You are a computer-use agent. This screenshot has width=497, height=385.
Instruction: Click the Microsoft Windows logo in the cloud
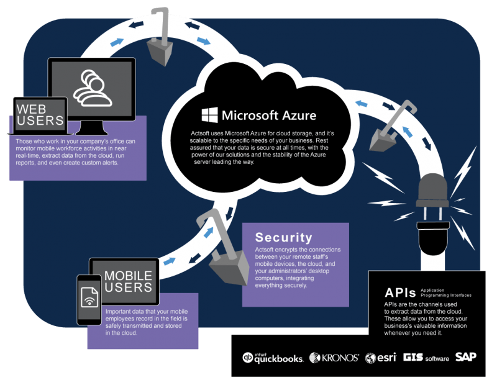click(x=209, y=115)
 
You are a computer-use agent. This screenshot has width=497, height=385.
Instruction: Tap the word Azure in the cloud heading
click(x=299, y=115)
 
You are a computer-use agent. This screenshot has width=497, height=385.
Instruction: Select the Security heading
click(x=284, y=237)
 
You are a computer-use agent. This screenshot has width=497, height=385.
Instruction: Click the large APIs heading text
click(x=400, y=293)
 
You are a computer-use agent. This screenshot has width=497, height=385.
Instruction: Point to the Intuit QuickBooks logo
click(x=273, y=358)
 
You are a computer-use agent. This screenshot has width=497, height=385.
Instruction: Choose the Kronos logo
click(x=334, y=358)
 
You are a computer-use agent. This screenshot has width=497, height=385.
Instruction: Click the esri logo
click(x=381, y=358)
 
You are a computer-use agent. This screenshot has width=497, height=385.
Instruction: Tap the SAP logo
click(x=466, y=357)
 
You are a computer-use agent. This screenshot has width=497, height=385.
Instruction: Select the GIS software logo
click(x=426, y=358)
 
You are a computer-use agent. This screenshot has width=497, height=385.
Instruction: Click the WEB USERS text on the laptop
click(x=40, y=115)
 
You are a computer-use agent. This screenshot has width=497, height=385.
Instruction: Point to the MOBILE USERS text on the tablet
click(x=128, y=281)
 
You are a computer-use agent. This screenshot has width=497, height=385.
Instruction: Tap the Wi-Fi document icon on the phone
click(x=89, y=297)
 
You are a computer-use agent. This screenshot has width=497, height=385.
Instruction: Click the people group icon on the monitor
click(x=93, y=88)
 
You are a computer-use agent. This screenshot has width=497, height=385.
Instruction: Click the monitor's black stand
click(x=91, y=128)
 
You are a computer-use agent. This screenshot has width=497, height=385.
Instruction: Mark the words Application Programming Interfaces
click(x=446, y=293)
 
